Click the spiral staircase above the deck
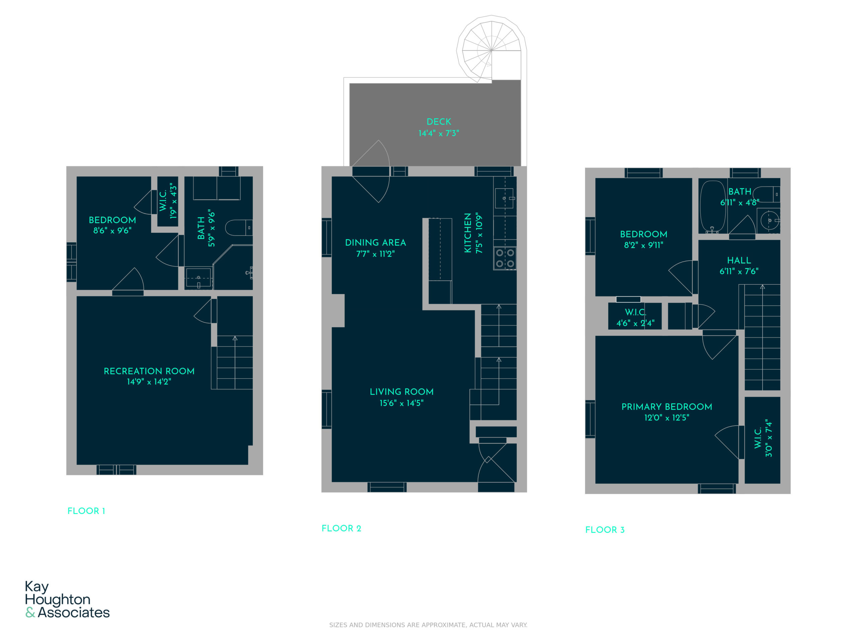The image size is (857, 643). tap(491, 49)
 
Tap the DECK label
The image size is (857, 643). tap(439, 122)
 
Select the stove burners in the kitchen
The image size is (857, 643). tap(505, 258)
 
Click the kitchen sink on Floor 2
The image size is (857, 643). tap(504, 198)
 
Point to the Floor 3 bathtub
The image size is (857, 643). tap(712, 207)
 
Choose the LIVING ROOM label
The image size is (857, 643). tap(402, 392)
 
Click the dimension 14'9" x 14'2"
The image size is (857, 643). tap(149, 382)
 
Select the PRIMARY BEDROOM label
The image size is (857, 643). tap(667, 407)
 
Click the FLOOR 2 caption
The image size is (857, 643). tap(341, 528)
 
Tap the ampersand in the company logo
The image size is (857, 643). tap(30, 613)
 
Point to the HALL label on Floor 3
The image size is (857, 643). tap(739, 261)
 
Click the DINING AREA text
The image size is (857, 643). tap(375, 242)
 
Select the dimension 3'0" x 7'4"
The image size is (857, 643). tap(769, 438)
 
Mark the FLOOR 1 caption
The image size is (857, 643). tap(86, 511)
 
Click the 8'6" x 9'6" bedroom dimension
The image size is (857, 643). tap(112, 231)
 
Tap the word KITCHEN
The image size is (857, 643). tap(468, 232)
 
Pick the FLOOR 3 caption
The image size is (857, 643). tap(605, 530)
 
